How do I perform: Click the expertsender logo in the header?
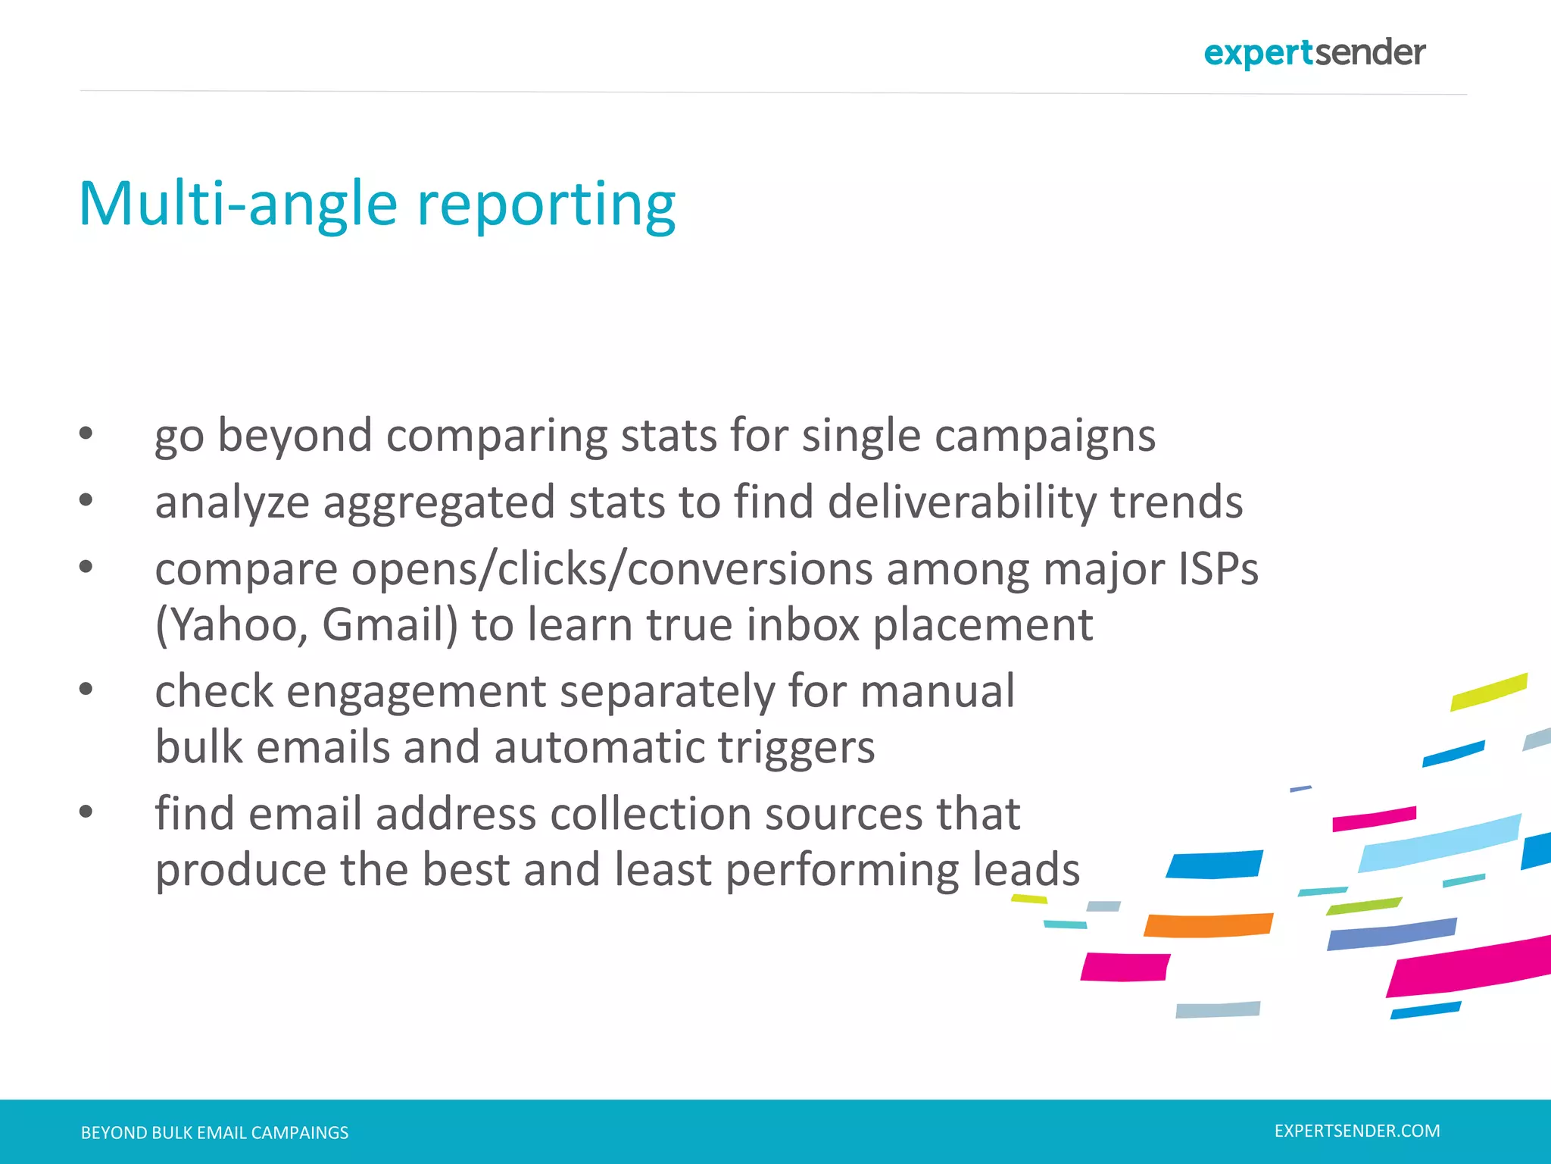click(1314, 53)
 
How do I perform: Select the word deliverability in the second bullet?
click(961, 502)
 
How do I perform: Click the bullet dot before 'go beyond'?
click(86, 433)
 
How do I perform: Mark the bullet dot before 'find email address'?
click(86, 812)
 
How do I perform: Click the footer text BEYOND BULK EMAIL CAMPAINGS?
click(214, 1132)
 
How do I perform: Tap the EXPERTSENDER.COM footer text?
click(1357, 1131)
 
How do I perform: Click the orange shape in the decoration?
click(1208, 925)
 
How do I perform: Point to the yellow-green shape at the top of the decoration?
click(1488, 691)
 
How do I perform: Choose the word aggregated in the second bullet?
click(439, 503)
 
